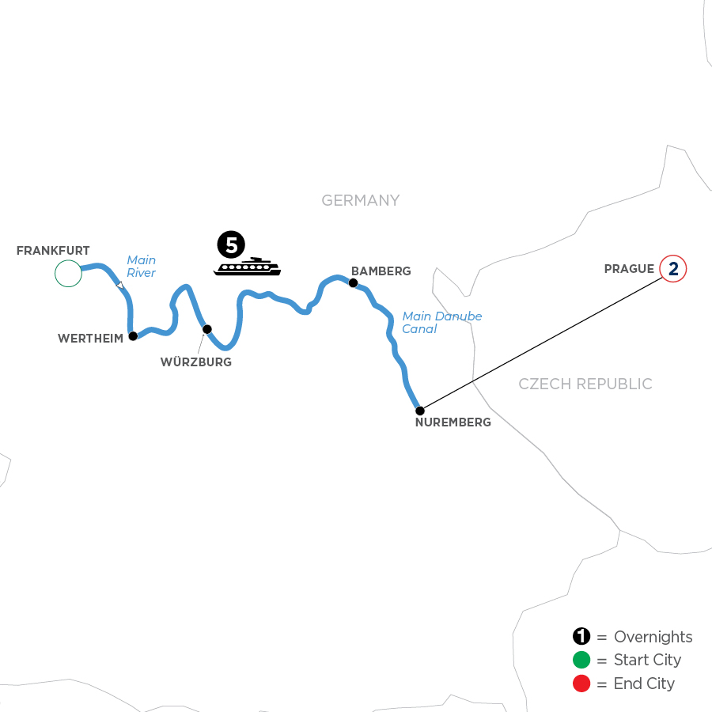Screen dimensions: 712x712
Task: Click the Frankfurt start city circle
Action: click(x=68, y=273)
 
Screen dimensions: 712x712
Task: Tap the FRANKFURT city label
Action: click(x=53, y=251)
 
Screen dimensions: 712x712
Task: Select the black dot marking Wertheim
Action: click(x=133, y=335)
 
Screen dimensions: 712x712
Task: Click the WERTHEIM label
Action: click(x=89, y=338)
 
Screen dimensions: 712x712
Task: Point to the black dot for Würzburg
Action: click(x=207, y=329)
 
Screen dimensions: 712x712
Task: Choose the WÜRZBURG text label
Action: click(x=197, y=362)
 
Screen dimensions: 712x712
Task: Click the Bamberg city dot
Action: click(x=353, y=282)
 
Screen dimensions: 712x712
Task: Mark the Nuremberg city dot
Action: click(x=420, y=411)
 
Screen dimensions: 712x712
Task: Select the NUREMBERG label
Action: click(x=453, y=422)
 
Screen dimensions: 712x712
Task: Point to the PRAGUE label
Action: click(x=629, y=269)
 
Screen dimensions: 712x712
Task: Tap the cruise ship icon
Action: click(x=247, y=267)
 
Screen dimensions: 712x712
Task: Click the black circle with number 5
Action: click(x=231, y=245)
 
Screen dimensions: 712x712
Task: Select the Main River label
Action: click(x=141, y=267)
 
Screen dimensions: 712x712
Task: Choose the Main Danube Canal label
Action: click(x=441, y=323)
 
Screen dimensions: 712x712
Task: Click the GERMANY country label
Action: click(x=361, y=201)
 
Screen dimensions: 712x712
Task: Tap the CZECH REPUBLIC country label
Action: click(x=585, y=384)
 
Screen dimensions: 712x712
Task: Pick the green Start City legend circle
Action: click(x=581, y=660)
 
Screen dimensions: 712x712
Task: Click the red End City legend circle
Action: click(x=581, y=684)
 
